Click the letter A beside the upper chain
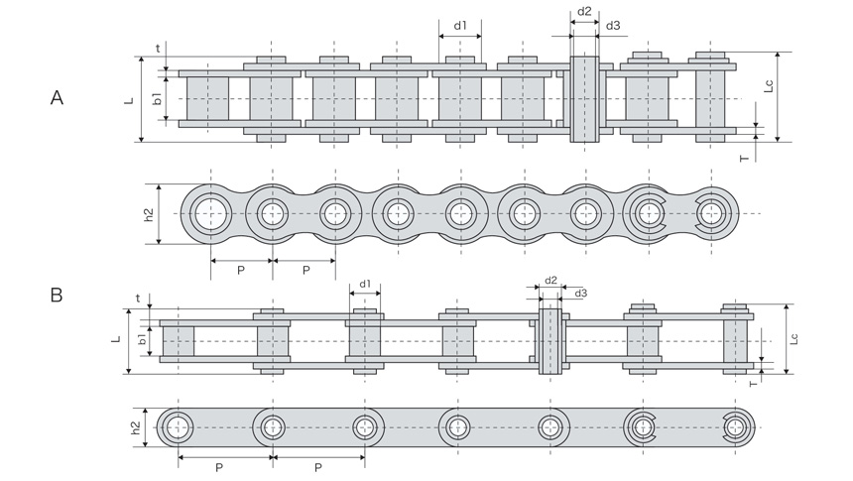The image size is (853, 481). (57, 98)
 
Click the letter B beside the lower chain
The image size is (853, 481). (57, 296)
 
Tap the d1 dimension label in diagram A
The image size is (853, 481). (460, 25)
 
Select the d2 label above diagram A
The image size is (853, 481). (584, 11)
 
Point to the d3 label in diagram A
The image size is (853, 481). (613, 25)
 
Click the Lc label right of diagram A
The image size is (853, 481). (769, 86)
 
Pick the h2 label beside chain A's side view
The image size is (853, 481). (149, 214)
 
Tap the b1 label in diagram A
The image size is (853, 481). (158, 98)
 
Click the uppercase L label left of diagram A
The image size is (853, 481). (129, 100)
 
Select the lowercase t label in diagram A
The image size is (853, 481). (159, 49)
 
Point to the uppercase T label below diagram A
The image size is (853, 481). (745, 159)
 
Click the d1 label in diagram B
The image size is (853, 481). (365, 284)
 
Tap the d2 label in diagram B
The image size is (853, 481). (551, 281)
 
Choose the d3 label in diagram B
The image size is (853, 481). (581, 294)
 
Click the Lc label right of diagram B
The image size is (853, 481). (793, 338)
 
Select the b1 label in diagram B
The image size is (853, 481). (142, 339)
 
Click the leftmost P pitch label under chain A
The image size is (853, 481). (241, 270)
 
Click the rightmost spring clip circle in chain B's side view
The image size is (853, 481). (735, 426)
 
